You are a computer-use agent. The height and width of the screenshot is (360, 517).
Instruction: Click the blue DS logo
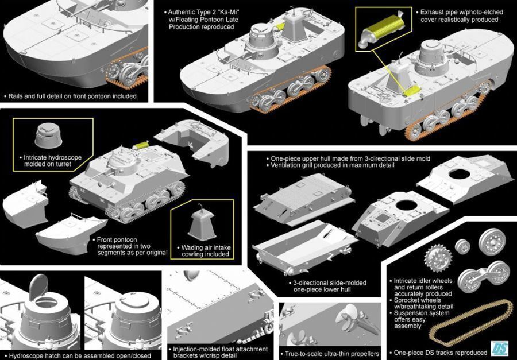coord(499,348)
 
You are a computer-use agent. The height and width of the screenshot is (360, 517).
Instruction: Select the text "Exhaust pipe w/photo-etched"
coord(462,12)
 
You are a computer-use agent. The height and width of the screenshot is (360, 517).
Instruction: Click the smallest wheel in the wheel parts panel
coord(462,246)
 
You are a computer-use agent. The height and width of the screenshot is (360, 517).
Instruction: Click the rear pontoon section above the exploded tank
coord(192,138)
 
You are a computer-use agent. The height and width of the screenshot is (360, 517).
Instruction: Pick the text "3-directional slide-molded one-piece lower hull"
coord(329,286)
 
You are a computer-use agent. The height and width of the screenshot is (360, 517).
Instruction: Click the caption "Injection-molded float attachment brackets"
coord(220,352)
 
